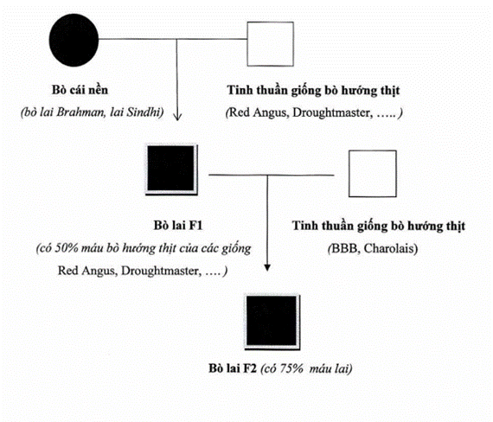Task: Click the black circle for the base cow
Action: click(x=74, y=40)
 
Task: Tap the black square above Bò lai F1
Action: click(x=171, y=169)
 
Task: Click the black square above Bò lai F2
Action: click(x=272, y=322)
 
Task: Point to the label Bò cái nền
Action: click(x=80, y=90)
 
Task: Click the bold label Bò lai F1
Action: click(x=178, y=226)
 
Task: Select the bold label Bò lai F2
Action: click(x=233, y=368)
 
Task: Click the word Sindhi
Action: click(x=145, y=112)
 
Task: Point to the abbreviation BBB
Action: click(x=344, y=249)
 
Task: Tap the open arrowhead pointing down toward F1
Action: click(x=177, y=116)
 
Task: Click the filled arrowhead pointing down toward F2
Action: click(x=267, y=267)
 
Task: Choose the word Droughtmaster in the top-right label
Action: click(x=331, y=113)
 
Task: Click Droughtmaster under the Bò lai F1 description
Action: click(x=160, y=271)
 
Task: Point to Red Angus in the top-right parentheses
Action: click(x=259, y=113)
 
